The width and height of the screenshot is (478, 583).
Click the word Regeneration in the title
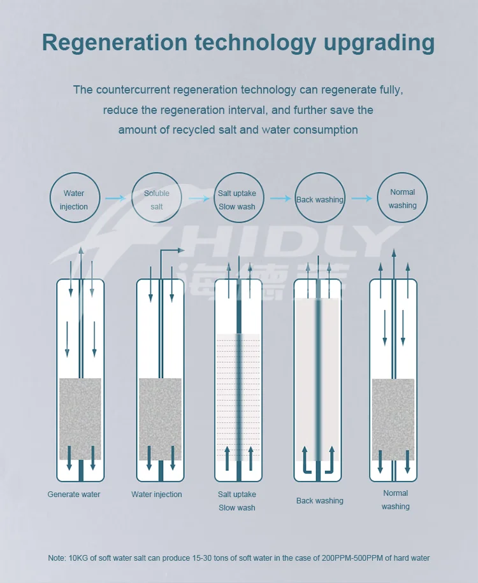(x=114, y=43)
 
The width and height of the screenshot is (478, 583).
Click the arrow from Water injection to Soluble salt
(x=115, y=198)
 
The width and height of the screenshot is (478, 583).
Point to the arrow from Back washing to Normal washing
(x=361, y=198)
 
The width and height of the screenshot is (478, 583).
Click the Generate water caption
(x=74, y=495)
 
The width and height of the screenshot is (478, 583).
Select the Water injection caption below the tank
(x=157, y=495)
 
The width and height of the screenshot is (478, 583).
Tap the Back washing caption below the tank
(x=320, y=501)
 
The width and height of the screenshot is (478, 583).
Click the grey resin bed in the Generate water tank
(x=80, y=419)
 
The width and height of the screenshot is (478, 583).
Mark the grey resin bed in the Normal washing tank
(x=393, y=420)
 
